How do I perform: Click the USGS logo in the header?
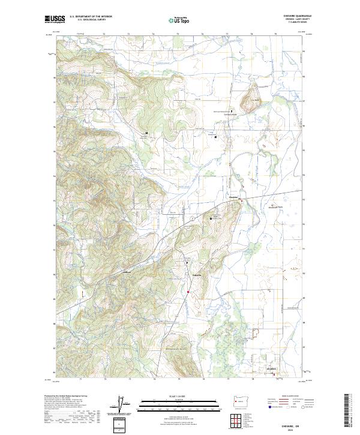54,19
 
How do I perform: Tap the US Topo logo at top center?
175,19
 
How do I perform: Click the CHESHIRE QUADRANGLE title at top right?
293,16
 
